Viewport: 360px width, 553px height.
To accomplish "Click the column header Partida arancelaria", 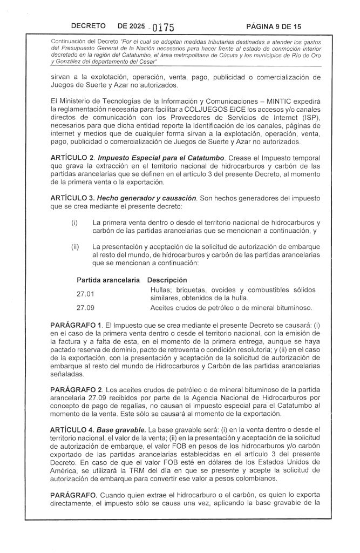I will (x=108, y=280).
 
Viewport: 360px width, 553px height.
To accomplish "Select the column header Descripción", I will (x=167, y=280).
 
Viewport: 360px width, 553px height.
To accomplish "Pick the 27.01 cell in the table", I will (x=85, y=294).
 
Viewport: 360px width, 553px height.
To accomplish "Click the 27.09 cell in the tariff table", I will (x=85, y=308).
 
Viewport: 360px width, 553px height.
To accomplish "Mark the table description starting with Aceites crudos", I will (x=232, y=308).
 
